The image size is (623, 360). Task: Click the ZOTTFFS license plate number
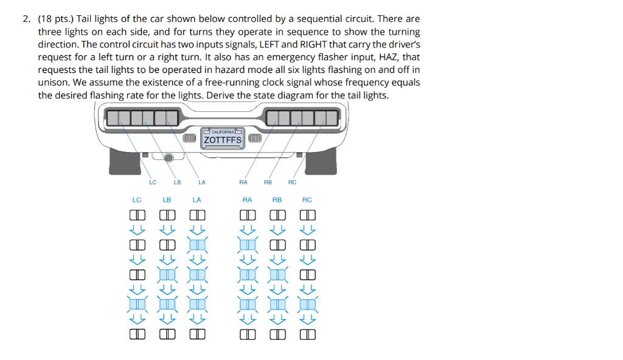click(x=223, y=140)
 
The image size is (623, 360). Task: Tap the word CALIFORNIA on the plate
click(x=223, y=131)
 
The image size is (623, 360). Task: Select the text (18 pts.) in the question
click(x=55, y=19)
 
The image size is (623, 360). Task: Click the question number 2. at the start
click(x=27, y=19)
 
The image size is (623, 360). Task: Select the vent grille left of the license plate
click(x=191, y=139)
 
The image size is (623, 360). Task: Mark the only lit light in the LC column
click(x=137, y=303)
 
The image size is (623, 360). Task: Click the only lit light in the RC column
click(x=308, y=303)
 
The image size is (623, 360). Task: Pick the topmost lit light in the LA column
click(x=197, y=244)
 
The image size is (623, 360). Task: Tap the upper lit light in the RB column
click(x=277, y=274)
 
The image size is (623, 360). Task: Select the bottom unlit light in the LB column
click(x=167, y=333)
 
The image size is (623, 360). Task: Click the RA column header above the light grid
click(x=247, y=199)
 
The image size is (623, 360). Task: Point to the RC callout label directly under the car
click(x=292, y=182)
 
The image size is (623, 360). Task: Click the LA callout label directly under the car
click(x=201, y=182)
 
